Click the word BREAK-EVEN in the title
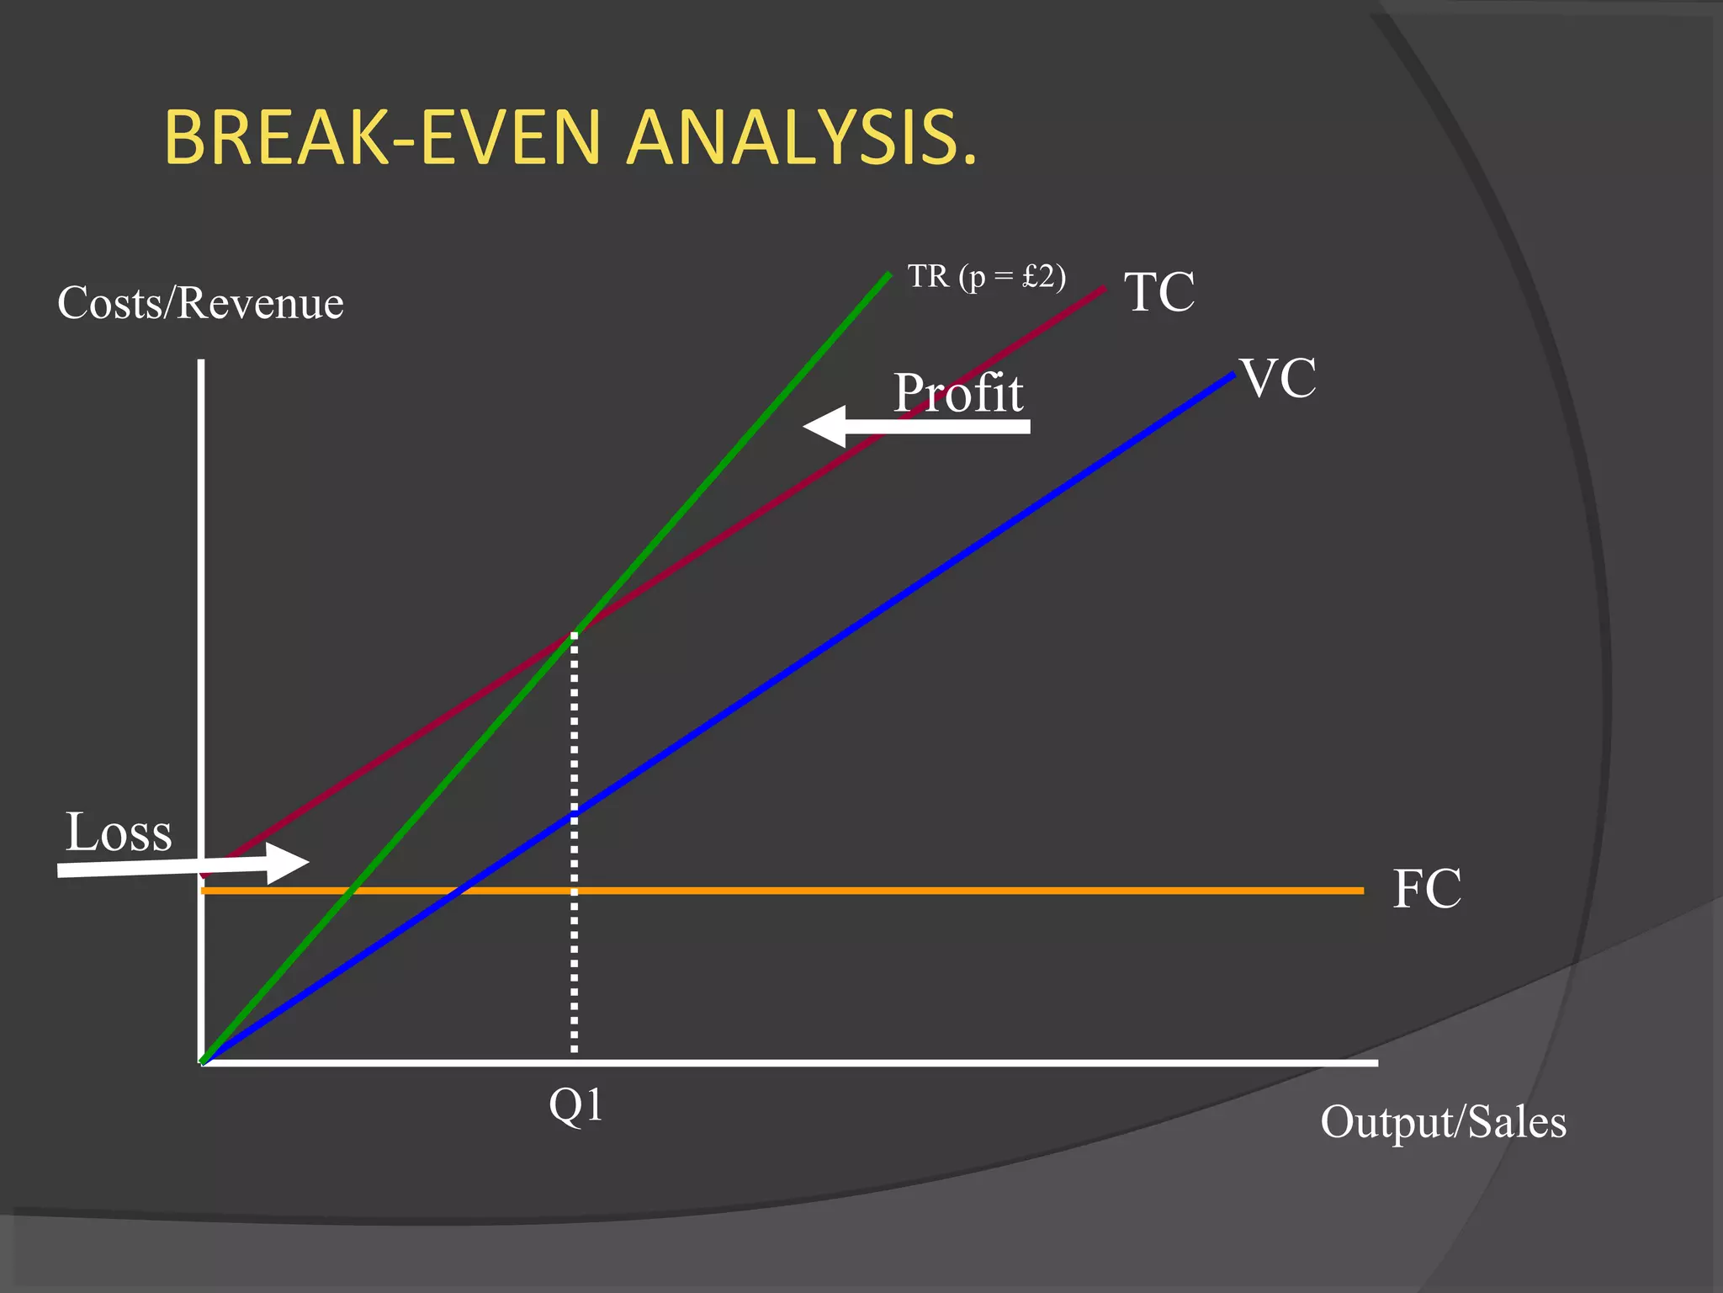pyautogui.click(x=383, y=137)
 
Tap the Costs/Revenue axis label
pyautogui.click(x=200, y=303)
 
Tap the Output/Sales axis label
pyautogui.click(x=1443, y=1122)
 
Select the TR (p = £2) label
pyautogui.click(x=986, y=276)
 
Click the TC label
pyautogui.click(x=1159, y=292)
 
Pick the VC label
pyautogui.click(x=1278, y=378)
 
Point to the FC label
pyautogui.click(x=1427, y=889)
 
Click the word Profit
pyautogui.click(x=958, y=392)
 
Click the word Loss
pyautogui.click(x=119, y=833)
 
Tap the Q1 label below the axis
pyautogui.click(x=575, y=1104)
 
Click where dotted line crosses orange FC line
pyautogui.click(x=575, y=890)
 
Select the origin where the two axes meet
pyautogui.click(x=202, y=1062)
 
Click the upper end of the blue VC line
pyautogui.click(x=1232, y=375)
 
